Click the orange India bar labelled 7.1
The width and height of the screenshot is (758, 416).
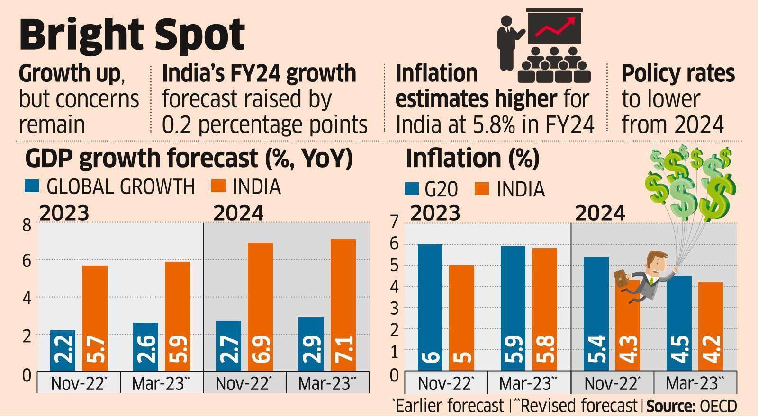tap(343, 305)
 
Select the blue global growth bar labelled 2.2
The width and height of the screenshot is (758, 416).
tap(63, 350)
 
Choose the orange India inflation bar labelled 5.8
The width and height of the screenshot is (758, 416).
tap(544, 310)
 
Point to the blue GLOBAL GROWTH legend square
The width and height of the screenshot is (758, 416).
tap(31, 186)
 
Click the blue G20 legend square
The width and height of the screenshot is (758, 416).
tap(412, 189)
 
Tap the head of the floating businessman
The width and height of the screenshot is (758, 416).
tap(656, 261)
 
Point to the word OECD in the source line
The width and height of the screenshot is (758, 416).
tap(718, 407)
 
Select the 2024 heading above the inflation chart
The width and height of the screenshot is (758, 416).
tap(600, 214)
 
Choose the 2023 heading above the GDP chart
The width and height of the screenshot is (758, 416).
tap(64, 213)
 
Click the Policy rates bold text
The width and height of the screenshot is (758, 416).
tap(677, 74)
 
